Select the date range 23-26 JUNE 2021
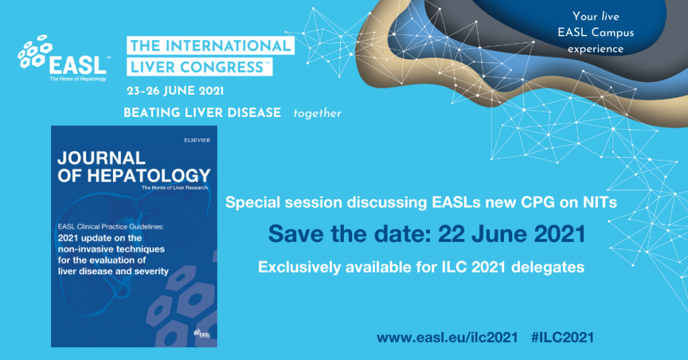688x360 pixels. [175, 91]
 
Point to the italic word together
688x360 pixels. [317, 114]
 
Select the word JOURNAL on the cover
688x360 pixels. [101, 159]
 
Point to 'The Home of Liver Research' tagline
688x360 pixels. [175, 190]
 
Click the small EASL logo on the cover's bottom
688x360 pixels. [202, 332]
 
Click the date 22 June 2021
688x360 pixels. [511, 234]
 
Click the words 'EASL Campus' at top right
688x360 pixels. [603, 32]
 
